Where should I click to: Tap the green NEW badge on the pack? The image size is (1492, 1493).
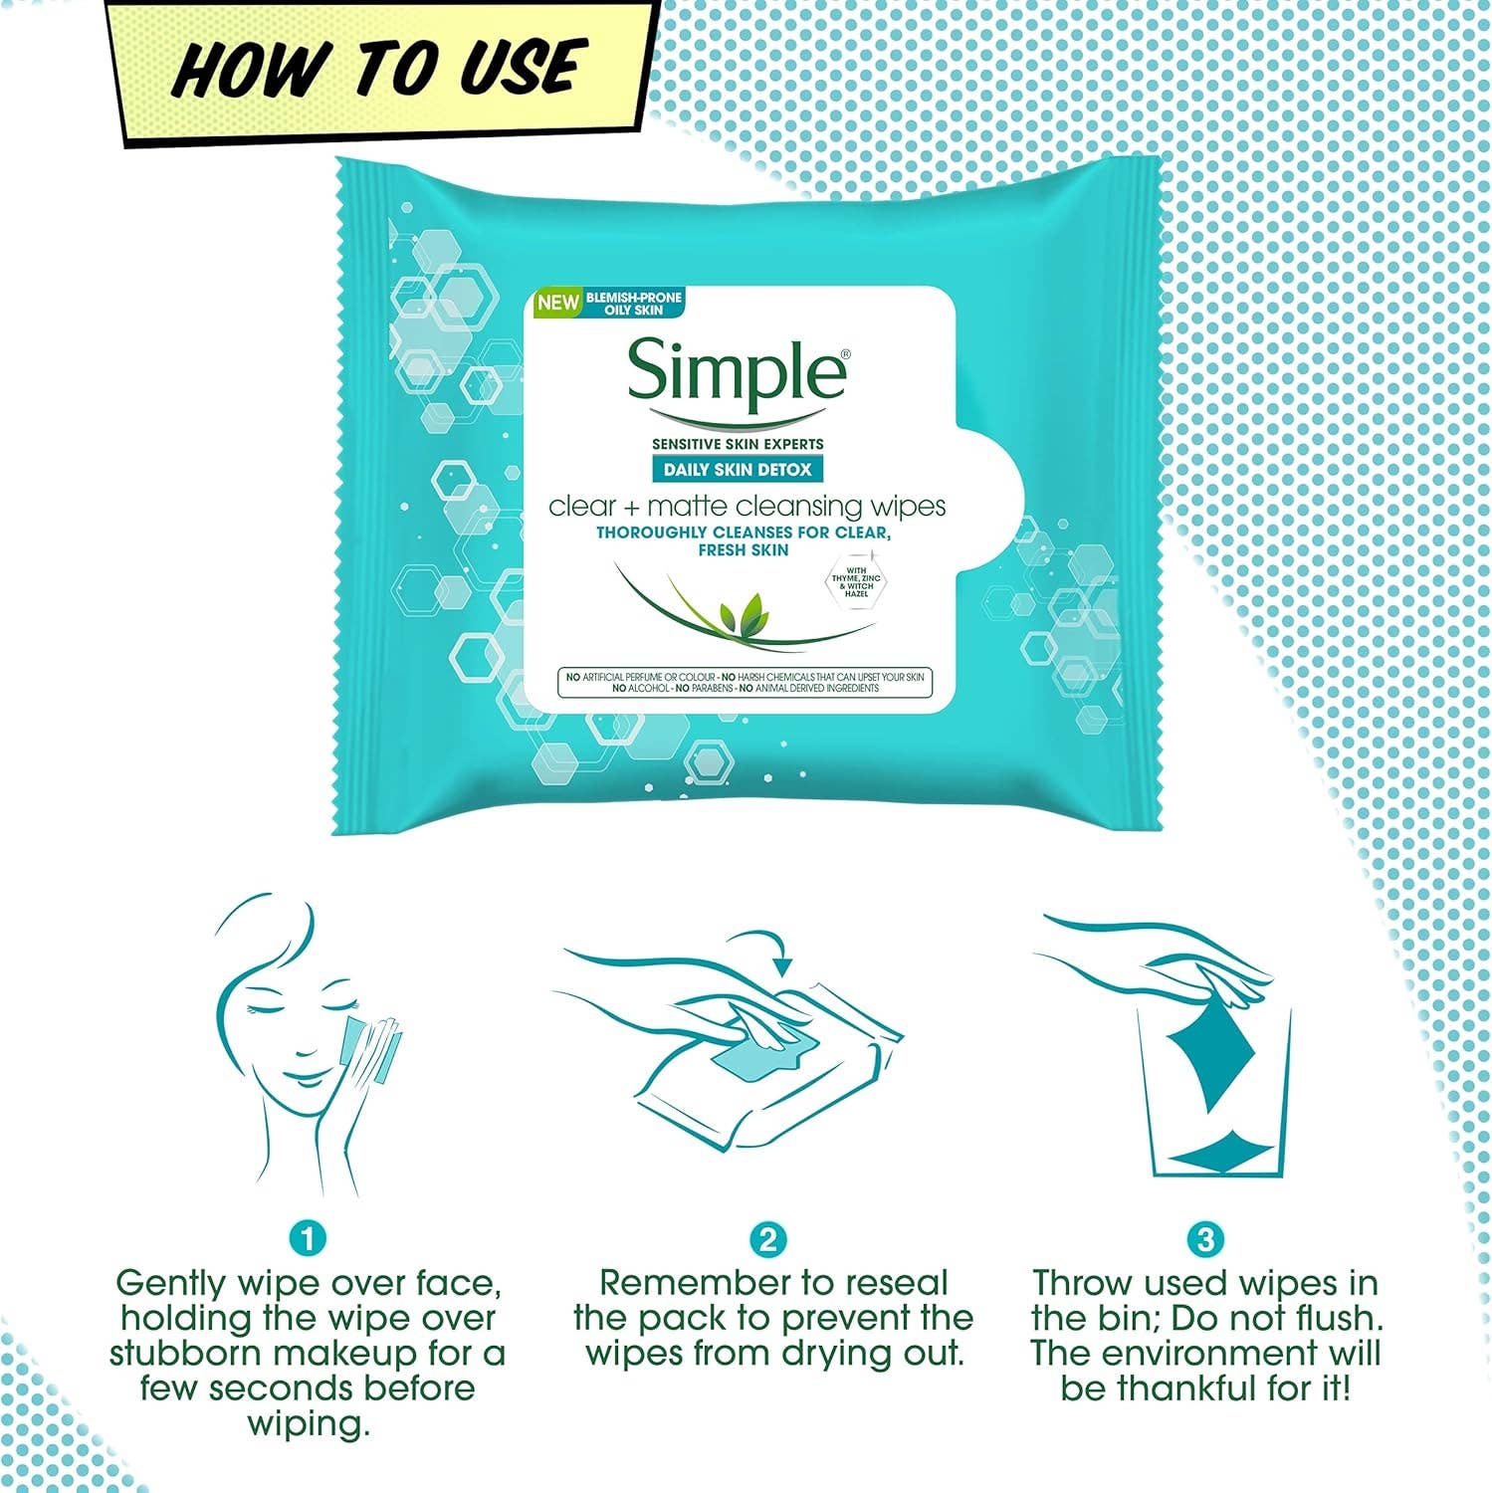tap(557, 303)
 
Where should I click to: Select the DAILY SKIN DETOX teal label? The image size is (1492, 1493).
tap(738, 470)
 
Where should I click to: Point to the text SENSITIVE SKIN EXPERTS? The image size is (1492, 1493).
tap(738, 444)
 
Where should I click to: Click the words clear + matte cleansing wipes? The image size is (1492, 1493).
tap(746, 507)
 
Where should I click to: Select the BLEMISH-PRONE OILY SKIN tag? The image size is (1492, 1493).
tap(633, 304)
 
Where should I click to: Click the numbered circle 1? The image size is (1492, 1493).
tap(308, 1239)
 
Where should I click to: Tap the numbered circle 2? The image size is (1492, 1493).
tap(767, 1239)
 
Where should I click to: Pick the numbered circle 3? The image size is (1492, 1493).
tap(1206, 1239)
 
